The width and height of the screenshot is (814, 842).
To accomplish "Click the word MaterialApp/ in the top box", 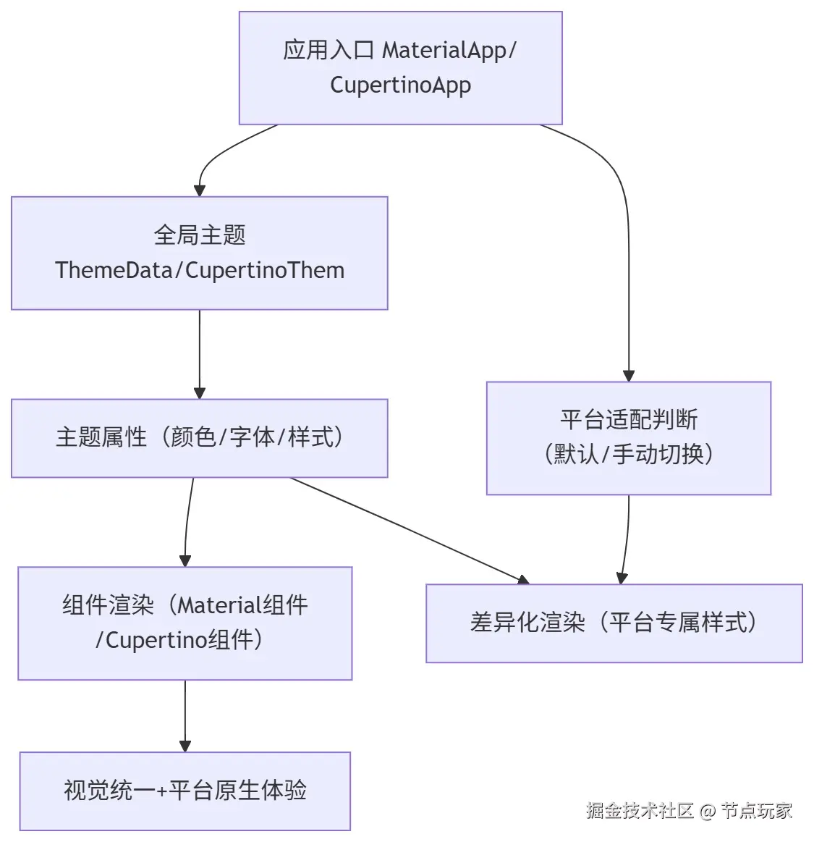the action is (x=449, y=51).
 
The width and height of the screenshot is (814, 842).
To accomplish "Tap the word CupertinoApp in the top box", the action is (x=401, y=85).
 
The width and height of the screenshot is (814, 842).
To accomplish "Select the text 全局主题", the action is (x=200, y=235).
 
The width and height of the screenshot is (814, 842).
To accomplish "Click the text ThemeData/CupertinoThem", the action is (x=200, y=270).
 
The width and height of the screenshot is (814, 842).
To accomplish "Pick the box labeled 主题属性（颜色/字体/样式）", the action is (x=200, y=438).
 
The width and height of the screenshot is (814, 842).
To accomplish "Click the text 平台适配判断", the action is (x=629, y=420).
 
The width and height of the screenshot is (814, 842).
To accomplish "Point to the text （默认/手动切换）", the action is (x=629, y=454).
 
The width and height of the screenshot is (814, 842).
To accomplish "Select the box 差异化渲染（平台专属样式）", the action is (x=614, y=623).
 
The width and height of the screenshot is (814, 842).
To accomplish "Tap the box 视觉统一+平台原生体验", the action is (x=185, y=791).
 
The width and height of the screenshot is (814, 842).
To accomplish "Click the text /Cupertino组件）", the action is (x=179, y=640).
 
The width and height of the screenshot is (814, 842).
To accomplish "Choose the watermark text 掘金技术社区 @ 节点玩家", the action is (x=689, y=810).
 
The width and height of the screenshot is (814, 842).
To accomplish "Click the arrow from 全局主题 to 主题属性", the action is (x=200, y=355).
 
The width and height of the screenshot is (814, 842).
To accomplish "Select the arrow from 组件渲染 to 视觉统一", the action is (x=185, y=716).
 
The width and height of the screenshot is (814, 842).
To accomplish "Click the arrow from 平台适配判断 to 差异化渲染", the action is (x=627, y=539).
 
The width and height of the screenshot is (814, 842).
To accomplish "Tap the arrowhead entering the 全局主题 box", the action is (x=200, y=190).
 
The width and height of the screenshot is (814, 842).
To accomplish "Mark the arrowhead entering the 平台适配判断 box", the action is (x=629, y=376).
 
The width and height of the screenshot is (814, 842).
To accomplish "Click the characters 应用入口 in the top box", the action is (x=328, y=51).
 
